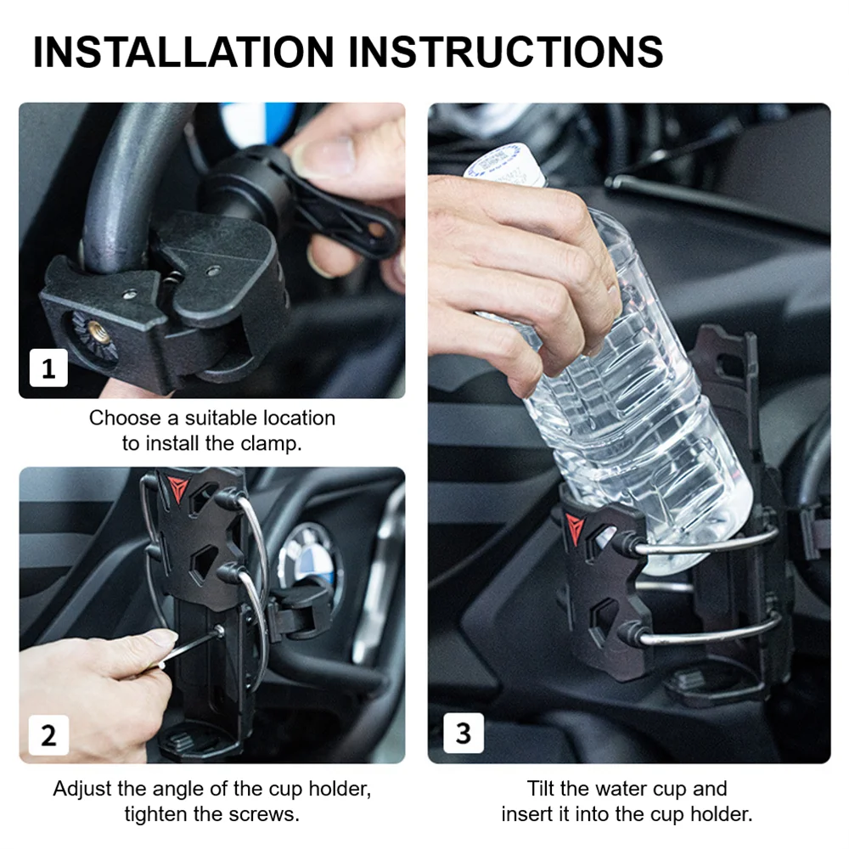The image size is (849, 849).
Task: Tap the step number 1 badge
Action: [48, 368]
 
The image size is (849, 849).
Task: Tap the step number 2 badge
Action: [48, 734]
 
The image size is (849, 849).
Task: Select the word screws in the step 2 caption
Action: [271, 814]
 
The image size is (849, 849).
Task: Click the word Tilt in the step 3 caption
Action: [544, 789]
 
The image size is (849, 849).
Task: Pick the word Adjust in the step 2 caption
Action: [81, 789]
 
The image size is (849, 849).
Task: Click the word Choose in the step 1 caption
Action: [124, 418]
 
